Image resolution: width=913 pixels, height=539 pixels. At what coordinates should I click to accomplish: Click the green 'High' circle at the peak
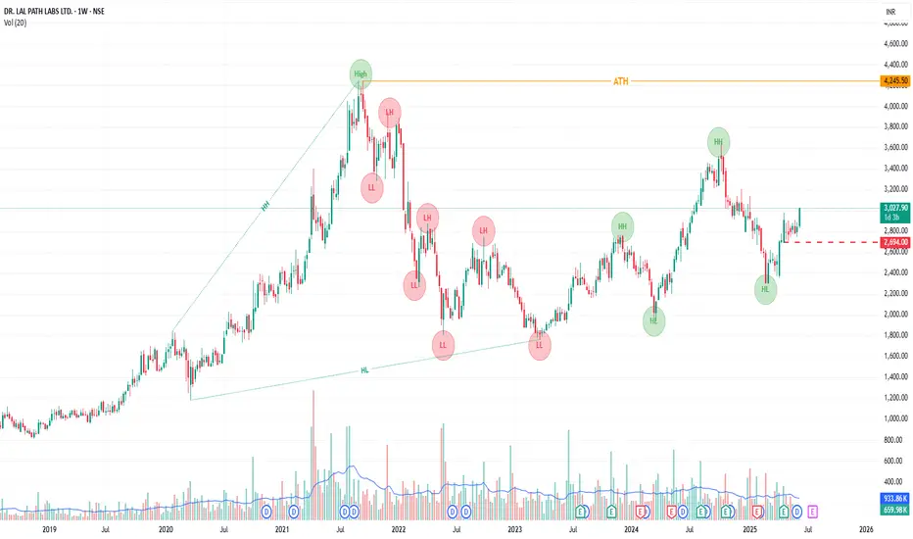361,73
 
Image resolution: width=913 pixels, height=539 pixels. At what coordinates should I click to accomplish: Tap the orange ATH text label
620,80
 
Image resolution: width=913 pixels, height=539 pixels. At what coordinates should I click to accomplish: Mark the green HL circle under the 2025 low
766,289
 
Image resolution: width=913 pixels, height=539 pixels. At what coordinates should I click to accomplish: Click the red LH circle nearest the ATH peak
390,113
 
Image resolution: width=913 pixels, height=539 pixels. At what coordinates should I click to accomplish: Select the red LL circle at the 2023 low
540,345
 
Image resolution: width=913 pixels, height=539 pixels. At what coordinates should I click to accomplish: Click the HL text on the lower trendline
364,369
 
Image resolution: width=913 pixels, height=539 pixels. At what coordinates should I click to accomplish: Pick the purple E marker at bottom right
814,512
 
